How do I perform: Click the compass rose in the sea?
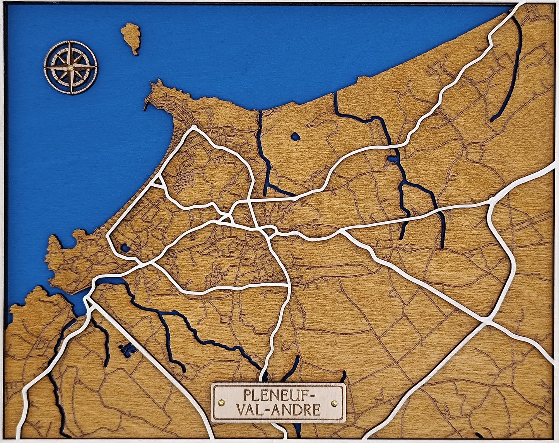[x=71, y=68]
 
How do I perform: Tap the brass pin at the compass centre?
[x=71, y=68]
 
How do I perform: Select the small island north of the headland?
[x=132, y=37]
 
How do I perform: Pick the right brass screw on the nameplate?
[x=334, y=403]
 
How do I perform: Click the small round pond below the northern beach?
[x=295, y=136]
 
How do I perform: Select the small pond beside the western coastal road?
[x=125, y=247]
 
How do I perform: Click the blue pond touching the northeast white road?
[x=392, y=159]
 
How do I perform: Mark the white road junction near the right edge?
[x=492, y=201]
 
